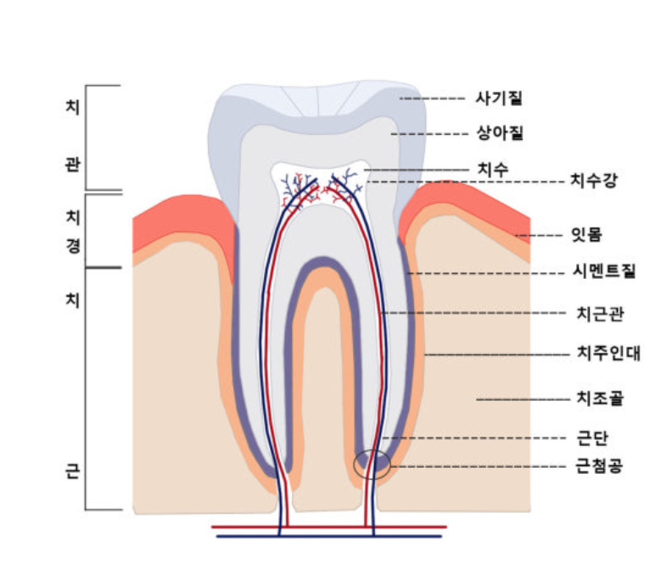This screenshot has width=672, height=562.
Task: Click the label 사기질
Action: click(x=498, y=98)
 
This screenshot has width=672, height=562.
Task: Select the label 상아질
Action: click(x=498, y=133)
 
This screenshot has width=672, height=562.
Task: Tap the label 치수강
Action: click(x=592, y=181)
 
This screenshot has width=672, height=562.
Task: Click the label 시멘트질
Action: click(x=604, y=272)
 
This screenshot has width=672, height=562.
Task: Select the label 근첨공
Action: click(x=599, y=466)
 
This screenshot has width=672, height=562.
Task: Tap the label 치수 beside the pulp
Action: click(x=492, y=170)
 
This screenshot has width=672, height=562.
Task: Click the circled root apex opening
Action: click(x=372, y=464)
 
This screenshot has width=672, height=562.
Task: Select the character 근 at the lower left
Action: click(x=71, y=471)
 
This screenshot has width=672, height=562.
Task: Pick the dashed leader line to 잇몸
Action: click(x=534, y=235)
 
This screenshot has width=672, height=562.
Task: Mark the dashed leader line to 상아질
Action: click(x=428, y=134)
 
